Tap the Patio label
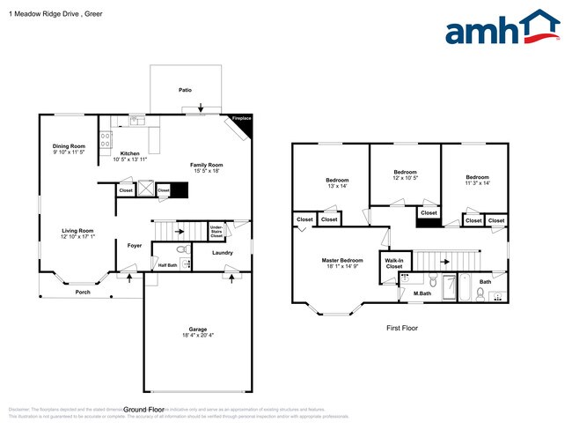coord(185,90)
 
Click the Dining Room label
coord(69,146)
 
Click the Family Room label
coord(208,165)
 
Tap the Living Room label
coord(77,231)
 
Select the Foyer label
coord(135,245)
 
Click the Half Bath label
coord(167,264)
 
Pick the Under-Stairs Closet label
coord(216,232)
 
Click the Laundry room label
coord(222,254)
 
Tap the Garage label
coord(196,330)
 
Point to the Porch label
coord(83,292)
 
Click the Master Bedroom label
coord(341,260)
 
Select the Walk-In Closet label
coord(392,263)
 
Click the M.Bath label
coord(423,293)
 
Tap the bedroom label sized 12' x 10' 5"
coord(405,172)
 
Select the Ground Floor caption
coord(144,410)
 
